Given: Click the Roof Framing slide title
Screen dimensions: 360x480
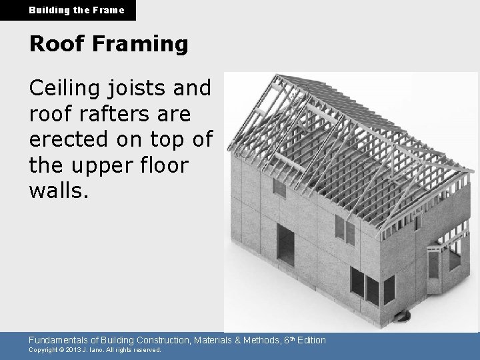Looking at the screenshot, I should point(109,44).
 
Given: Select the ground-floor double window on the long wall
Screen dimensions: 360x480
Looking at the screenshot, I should point(365,285).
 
